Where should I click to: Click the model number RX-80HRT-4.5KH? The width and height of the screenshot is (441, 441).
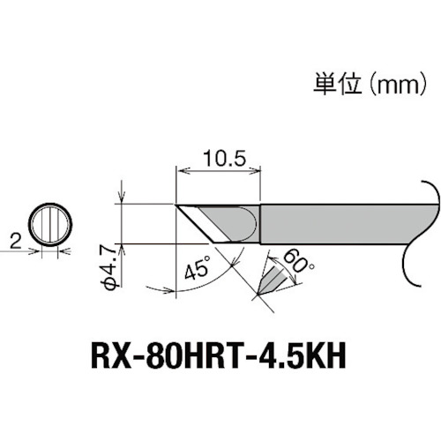pyautogui.click(x=220, y=360)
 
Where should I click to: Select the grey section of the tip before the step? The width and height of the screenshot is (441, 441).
pyautogui.click(x=231, y=220)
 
